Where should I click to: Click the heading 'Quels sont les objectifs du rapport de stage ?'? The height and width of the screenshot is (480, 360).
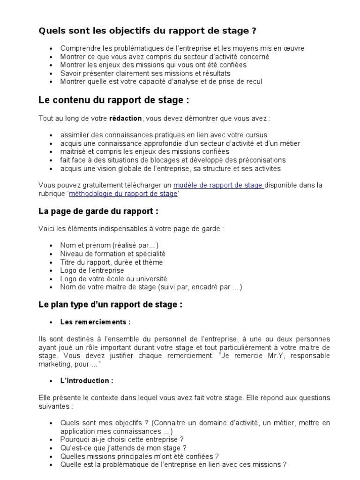tap(147, 31)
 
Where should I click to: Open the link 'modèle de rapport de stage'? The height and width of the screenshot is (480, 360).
tap(218, 185)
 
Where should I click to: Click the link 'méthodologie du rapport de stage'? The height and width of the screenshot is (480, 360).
tap(123, 194)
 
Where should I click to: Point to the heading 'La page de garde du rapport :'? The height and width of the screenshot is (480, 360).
tap(98, 211)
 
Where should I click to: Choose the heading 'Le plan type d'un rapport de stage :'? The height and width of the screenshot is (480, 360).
tap(110, 305)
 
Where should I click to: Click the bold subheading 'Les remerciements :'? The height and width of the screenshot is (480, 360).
tap(95, 322)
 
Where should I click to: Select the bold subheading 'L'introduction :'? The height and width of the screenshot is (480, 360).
tap(87, 381)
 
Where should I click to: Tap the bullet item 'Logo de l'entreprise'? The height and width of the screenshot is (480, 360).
tap(92, 270)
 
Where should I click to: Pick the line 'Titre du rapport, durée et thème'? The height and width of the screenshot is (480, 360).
tap(112, 262)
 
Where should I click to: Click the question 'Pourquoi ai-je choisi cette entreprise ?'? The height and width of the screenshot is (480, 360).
tap(122, 440)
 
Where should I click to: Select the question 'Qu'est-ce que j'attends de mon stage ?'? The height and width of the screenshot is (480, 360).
tap(120, 448)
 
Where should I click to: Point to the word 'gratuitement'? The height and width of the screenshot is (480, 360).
tap(101, 185)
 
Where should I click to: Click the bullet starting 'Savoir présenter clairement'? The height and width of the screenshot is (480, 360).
tap(145, 73)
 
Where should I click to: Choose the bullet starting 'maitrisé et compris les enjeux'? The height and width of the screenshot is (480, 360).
tap(145, 151)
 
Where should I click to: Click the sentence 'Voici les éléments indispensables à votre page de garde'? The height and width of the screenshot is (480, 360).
tap(131, 229)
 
